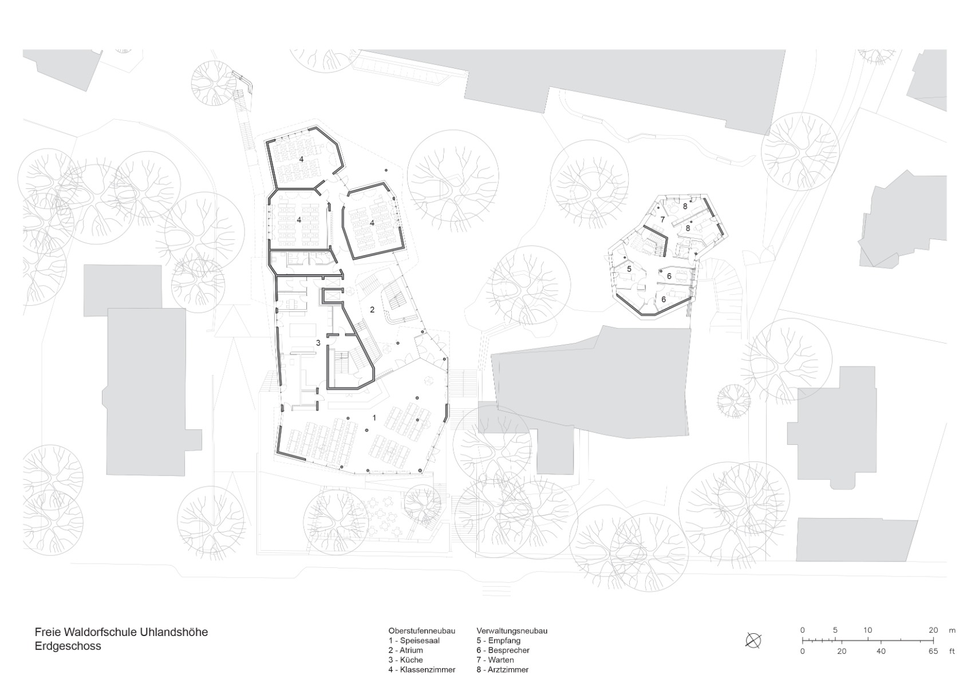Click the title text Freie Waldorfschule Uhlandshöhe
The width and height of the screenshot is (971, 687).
(121, 632)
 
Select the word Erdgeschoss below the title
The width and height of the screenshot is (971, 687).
(68, 646)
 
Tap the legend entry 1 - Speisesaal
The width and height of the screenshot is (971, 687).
(414, 641)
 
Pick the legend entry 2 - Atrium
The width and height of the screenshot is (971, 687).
(406, 650)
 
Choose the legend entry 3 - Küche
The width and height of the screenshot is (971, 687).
(406, 660)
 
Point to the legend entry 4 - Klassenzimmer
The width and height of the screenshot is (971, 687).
(422, 670)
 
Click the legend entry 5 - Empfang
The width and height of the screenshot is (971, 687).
(499, 641)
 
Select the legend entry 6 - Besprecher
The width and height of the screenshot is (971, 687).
(503, 650)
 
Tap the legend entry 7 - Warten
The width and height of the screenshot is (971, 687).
(495, 660)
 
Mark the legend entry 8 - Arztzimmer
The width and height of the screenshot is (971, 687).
(503, 670)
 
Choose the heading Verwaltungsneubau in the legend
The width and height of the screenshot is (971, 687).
(512, 631)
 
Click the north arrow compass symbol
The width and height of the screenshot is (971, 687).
(753, 641)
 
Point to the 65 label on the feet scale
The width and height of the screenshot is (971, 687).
(933, 651)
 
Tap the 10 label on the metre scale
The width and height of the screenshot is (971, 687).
(867, 630)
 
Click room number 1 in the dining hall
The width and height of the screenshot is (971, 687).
(374, 417)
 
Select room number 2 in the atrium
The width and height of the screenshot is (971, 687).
(372, 310)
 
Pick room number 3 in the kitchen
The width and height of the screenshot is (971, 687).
(318, 343)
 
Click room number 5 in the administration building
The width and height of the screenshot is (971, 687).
(629, 269)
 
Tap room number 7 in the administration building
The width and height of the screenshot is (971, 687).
(662, 220)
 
